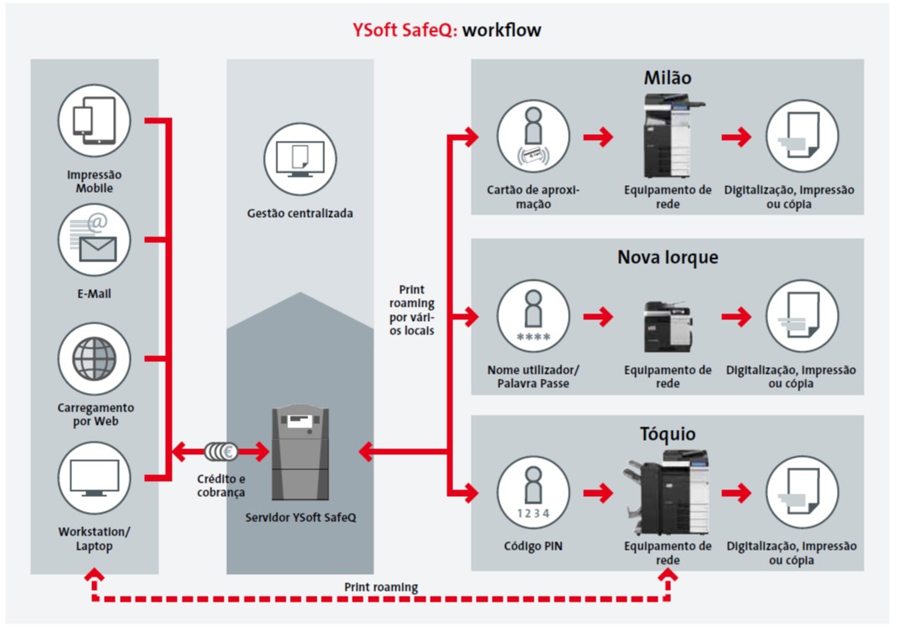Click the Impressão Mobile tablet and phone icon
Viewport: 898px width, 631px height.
[95, 121]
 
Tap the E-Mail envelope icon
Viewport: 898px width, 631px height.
[95, 241]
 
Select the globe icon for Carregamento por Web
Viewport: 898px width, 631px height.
[95, 359]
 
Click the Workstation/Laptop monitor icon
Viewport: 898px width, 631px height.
[95, 478]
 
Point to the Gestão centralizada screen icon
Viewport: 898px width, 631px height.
[300, 158]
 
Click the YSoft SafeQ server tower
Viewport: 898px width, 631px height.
[300, 453]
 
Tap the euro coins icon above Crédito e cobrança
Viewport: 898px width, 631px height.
[221, 452]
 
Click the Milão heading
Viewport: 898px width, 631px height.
[667, 77]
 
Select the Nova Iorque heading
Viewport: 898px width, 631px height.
[667, 257]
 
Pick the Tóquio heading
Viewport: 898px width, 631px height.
[667, 433]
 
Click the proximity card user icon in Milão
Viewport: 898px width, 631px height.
[533, 137]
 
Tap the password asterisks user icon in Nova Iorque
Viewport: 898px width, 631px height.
[533, 316]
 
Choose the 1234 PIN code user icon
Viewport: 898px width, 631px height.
[533, 492]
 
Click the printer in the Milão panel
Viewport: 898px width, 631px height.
[672, 136]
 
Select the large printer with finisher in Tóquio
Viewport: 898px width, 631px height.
[666, 492]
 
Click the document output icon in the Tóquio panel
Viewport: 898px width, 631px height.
[803, 492]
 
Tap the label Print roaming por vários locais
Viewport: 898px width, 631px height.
[412, 310]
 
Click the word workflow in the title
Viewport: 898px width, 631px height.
[502, 30]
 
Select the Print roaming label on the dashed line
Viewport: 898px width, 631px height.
[381, 587]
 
